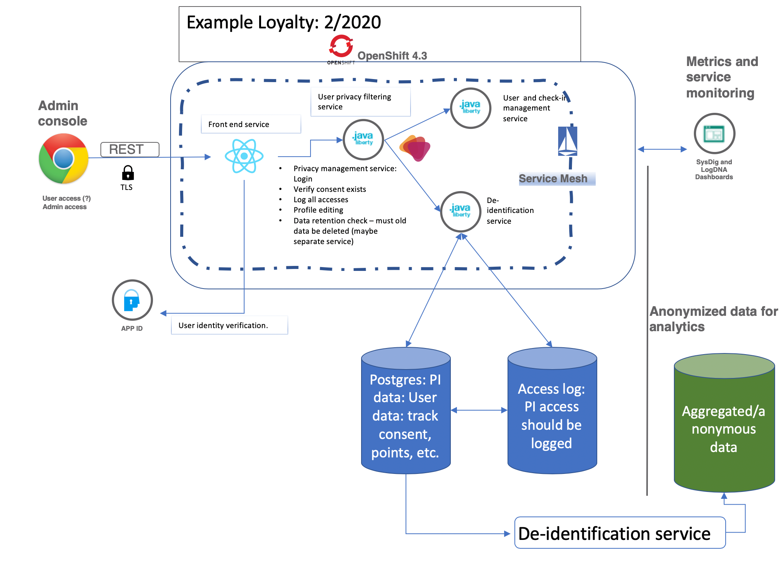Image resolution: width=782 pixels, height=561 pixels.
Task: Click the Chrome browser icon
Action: click(64, 158)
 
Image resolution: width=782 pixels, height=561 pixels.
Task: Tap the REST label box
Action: click(130, 149)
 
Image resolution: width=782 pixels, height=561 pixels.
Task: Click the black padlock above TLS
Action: click(128, 173)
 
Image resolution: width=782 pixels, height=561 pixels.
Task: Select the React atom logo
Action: click(244, 156)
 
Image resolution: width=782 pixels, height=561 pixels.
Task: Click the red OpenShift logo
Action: click(341, 47)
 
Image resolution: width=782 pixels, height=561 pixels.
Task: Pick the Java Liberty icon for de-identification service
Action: click(461, 211)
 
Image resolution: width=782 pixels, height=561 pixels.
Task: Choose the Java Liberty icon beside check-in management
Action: click(471, 108)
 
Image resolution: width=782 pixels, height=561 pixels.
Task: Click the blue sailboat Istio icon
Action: click(567, 141)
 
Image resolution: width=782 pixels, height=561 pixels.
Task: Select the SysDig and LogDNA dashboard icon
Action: click(714, 134)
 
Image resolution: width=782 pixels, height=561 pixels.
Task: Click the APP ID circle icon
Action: click(132, 300)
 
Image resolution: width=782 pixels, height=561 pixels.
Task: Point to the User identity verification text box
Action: click(229, 325)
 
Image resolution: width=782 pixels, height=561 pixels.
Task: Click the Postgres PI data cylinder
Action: click(406, 411)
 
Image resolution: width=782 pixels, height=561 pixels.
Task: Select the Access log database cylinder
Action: click(552, 411)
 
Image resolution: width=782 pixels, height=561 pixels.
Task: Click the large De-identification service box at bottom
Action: click(619, 533)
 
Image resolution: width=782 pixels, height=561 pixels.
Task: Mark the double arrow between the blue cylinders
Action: click(479, 410)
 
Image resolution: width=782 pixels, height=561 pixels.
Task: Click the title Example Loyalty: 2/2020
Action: click(284, 22)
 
